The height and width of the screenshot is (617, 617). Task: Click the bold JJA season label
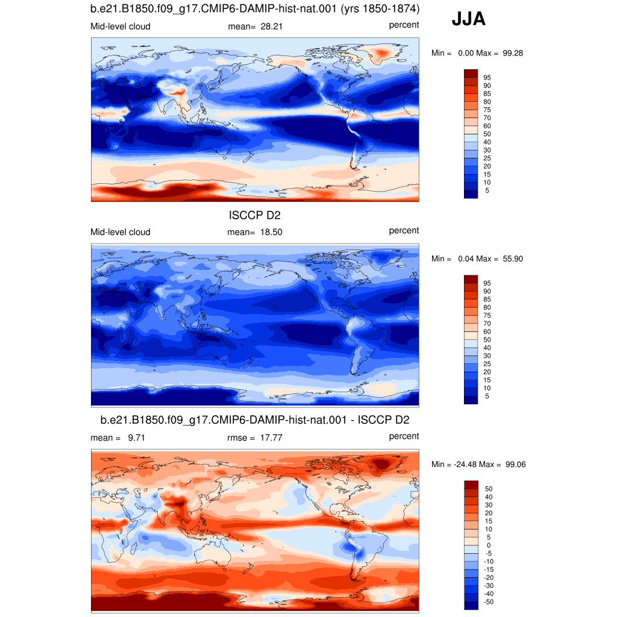(468, 19)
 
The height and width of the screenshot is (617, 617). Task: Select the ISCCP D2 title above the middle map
(255, 215)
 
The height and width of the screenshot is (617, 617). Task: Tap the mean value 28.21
(272, 27)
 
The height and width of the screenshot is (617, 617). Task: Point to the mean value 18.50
(271, 232)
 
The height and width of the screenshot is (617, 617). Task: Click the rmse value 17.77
(271, 437)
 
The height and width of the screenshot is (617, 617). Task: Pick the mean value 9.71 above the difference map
(137, 437)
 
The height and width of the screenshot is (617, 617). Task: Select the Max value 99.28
(513, 53)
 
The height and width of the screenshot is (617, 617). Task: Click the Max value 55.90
(513, 258)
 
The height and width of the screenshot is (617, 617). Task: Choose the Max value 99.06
(516, 465)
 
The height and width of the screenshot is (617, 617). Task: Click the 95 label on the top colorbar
(487, 78)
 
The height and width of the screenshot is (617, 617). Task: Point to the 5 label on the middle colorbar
(487, 396)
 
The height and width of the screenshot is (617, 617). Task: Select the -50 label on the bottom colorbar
(488, 602)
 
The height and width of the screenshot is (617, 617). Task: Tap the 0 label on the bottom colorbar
(489, 545)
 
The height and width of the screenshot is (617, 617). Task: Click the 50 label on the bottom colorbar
(489, 489)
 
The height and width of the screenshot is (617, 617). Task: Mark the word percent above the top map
(404, 25)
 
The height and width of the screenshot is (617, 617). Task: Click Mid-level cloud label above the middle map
(121, 232)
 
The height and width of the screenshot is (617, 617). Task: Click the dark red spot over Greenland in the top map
(381, 52)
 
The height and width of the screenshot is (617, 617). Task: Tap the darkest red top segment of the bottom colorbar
(471, 484)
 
